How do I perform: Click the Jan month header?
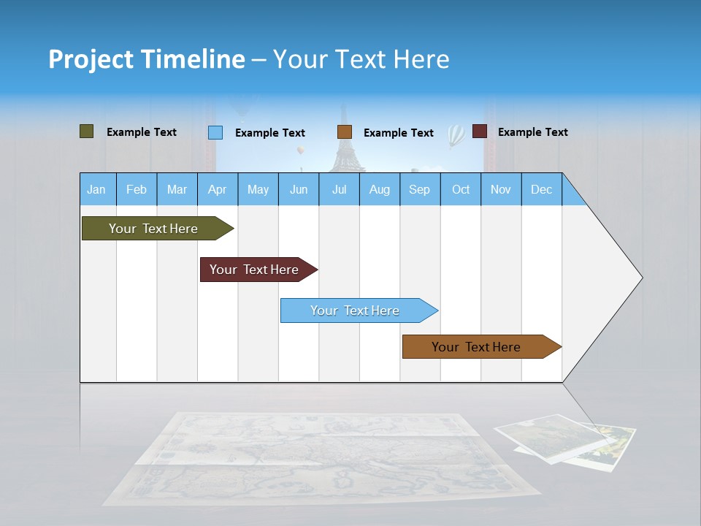point(96,189)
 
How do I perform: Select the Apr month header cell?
point(217,189)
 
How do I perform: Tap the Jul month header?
point(339,189)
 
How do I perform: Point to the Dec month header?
point(541,189)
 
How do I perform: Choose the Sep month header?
point(419,189)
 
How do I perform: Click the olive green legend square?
point(87,131)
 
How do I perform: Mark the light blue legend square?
point(215,132)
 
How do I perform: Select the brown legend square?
point(345,132)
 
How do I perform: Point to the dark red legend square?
point(480,131)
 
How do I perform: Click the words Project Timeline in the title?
point(147,59)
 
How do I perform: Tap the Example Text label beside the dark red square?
point(532,132)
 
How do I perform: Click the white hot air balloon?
point(456,134)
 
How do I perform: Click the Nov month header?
point(500,189)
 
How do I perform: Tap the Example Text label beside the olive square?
point(141,132)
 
